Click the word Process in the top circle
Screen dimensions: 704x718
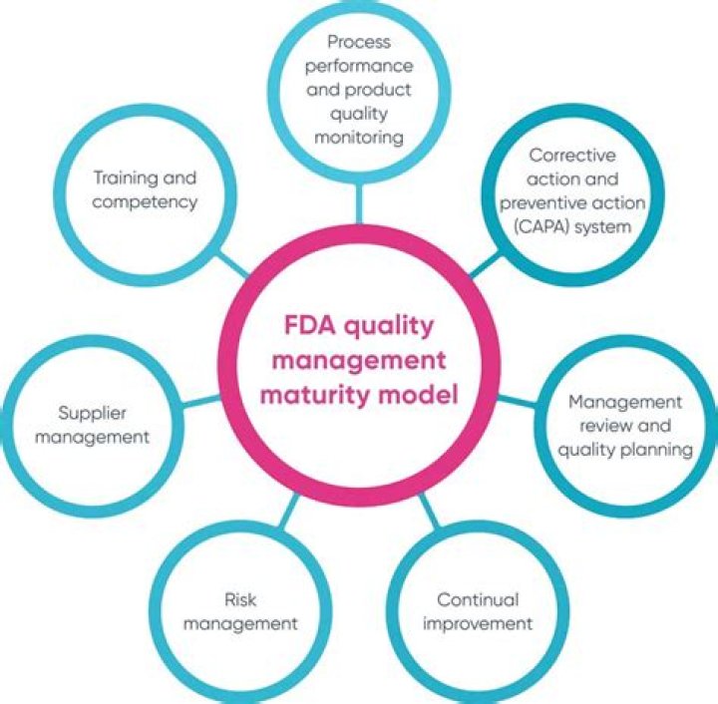click(358, 42)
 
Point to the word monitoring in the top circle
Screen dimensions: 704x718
click(358, 136)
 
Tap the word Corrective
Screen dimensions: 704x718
click(571, 157)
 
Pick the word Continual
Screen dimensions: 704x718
click(478, 600)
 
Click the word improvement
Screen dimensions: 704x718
click(477, 624)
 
